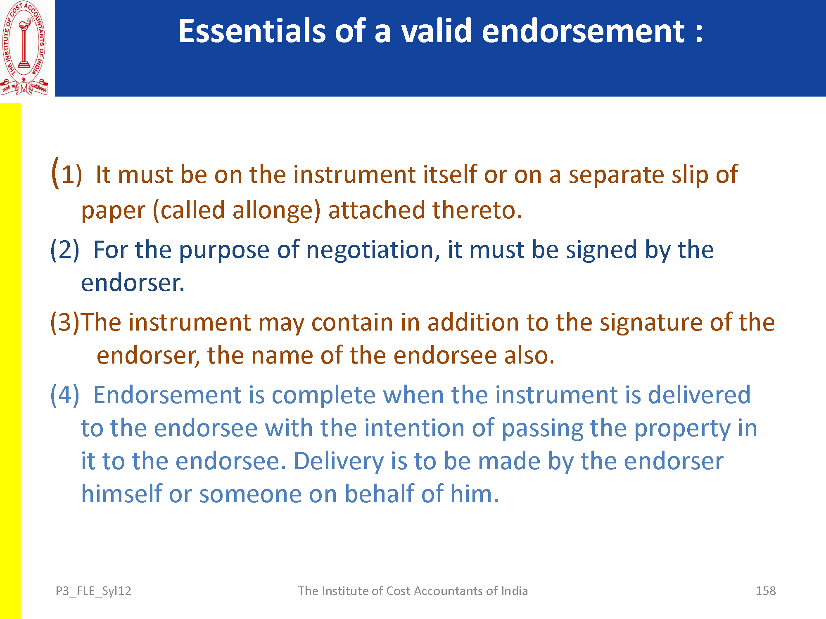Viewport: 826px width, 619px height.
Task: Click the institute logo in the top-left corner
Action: click(24, 48)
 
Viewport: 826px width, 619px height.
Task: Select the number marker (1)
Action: click(66, 173)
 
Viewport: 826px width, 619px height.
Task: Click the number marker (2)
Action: click(65, 250)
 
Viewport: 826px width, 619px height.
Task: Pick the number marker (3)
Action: click(65, 322)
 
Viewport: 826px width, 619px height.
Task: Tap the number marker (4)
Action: click(65, 395)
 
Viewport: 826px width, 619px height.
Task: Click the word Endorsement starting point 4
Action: click(168, 395)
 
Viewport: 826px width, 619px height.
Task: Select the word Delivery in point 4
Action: click(339, 462)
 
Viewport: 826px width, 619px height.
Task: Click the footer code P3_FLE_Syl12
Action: click(93, 591)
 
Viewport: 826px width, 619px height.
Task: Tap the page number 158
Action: click(766, 591)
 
